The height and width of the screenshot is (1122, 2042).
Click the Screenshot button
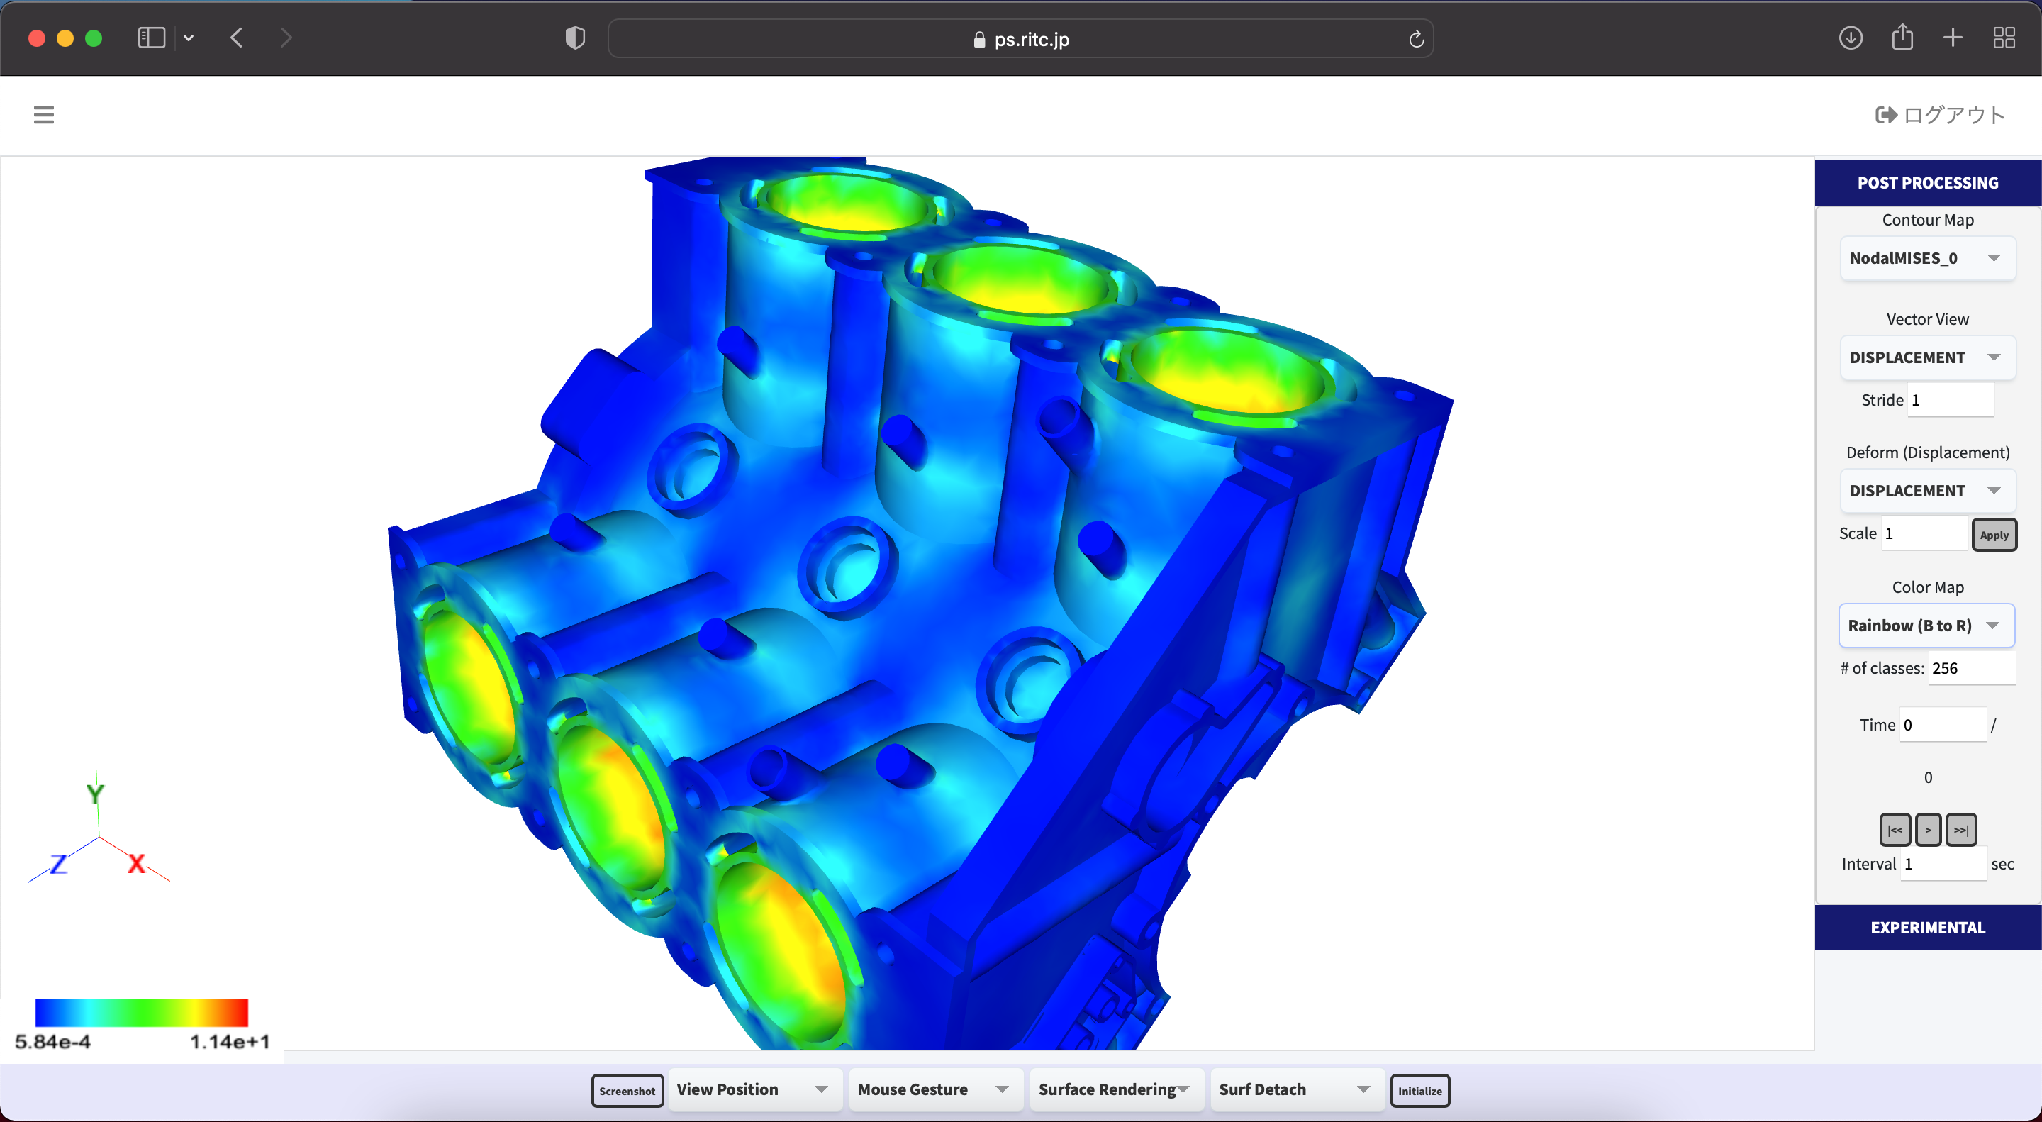point(627,1090)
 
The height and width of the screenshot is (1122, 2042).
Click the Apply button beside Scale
point(1994,535)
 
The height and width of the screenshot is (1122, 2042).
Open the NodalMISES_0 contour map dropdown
point(1926,258)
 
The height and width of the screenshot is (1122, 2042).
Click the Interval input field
point(1943,865)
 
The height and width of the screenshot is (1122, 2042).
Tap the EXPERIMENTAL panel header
point(1927,928)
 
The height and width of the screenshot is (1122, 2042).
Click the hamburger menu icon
point(43,115)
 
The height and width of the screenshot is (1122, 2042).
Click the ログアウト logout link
point(1941,115)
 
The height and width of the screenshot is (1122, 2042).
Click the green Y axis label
point(95,794)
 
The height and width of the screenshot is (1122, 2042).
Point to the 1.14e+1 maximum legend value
point(230,1042)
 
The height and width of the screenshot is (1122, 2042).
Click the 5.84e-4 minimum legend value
point(53,1042)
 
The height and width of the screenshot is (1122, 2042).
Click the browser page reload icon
point(1417,39)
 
